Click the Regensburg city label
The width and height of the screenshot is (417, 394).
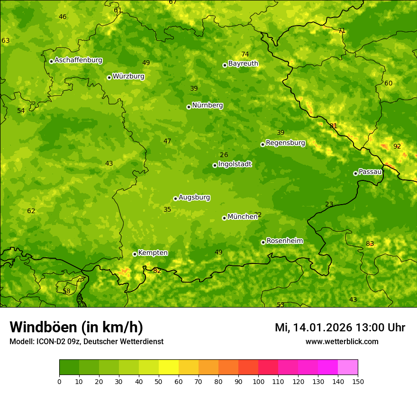pos(285,143)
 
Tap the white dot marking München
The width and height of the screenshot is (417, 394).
pos(224,218)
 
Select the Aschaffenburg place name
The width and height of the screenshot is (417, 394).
pos(78,60)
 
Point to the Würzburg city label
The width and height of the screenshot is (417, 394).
pos(128,76)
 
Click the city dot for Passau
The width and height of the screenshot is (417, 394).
pos(355,173)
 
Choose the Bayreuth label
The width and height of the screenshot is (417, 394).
pos(243,64)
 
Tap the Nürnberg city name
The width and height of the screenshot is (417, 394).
pos(207,105)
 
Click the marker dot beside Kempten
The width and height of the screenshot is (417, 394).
pos(135,254)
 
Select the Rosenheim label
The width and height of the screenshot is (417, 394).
pos(284,241)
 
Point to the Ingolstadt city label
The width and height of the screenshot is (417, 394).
pos(235,164)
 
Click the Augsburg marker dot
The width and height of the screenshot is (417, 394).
pos(175,198)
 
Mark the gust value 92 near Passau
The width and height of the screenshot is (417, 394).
pos(397,146)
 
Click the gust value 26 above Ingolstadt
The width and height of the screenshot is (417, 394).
pos(224,155)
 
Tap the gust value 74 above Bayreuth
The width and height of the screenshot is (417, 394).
pos(245,54)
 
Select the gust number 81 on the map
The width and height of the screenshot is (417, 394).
pos(334,126)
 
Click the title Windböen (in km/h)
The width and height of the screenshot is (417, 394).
pos(76,327)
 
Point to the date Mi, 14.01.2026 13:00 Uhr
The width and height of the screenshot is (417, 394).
pos(340,328)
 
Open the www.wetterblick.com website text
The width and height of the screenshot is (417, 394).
pos(342,341)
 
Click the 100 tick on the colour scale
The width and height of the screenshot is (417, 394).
pos(258,381)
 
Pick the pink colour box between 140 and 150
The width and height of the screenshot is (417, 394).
pos(348,367)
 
